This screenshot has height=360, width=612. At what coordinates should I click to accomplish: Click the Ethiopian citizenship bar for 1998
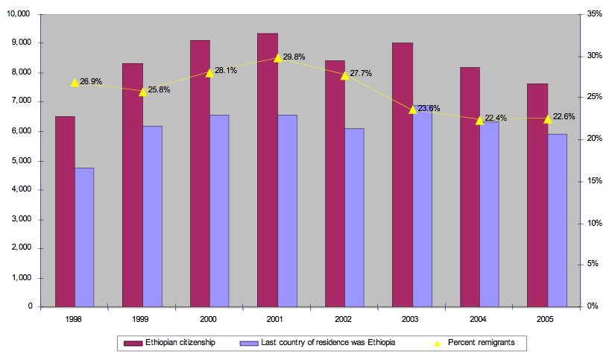click(65, 212)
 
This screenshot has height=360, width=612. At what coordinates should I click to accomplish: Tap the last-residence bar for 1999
click(152, 216)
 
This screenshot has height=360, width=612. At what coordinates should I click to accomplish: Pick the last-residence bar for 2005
click(557, 221)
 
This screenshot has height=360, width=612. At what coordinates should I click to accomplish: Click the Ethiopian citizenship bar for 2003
click(403, 174)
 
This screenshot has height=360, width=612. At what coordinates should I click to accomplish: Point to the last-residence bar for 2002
click(354, 218)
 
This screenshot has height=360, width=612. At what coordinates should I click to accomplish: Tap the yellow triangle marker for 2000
click(209, 72)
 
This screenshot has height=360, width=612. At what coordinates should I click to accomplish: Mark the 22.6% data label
click(563, 116)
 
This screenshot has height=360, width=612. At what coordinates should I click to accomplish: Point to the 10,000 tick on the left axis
click(19, 14)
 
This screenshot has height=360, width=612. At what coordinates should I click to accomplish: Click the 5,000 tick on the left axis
click(20, 160)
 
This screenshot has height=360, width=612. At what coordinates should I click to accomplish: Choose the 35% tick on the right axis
click(595, 14)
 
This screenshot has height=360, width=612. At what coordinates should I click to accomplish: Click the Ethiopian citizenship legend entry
click(172, 343)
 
